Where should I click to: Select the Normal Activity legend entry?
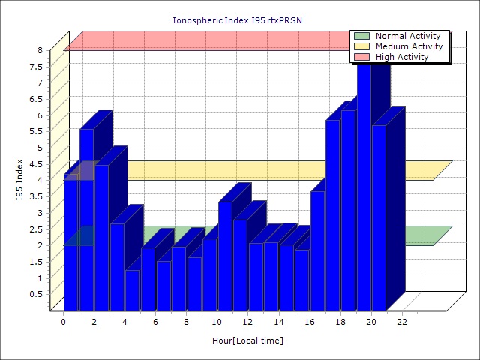click(409, 36)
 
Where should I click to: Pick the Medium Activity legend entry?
click(409, 46)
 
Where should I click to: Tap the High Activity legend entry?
click(402, 57)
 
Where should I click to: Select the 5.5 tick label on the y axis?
click(36, 131)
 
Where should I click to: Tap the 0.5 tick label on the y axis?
click(36, 294)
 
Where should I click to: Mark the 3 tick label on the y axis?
click(40, 212)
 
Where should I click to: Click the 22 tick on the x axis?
click(402, 322)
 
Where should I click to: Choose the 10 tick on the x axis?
click(217, 322)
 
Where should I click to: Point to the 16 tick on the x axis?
click(310, 322)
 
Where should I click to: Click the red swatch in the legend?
click(362, 57)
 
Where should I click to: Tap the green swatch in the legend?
click(362, 36)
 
